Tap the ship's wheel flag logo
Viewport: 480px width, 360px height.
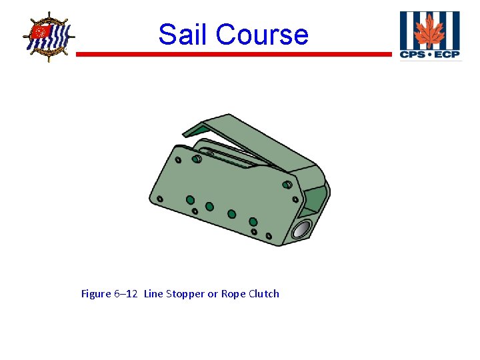point(48,36)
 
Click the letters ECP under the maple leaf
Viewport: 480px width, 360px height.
point(447,54)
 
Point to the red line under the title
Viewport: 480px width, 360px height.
point(233,54)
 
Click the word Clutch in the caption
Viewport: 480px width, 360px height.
point(264,294)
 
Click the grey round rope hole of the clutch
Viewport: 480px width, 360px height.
point(301,229)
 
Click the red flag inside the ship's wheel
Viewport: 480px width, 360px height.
point(41,32)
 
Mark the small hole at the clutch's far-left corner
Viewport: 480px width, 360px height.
point(160,198)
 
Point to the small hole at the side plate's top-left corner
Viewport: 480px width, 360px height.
point(178,160)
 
